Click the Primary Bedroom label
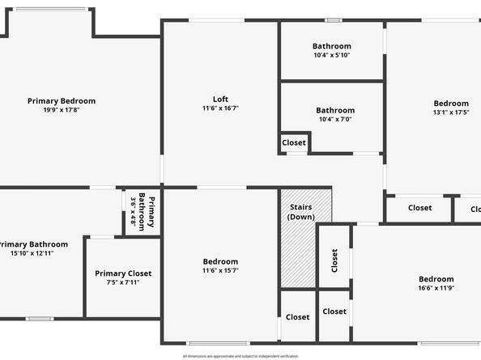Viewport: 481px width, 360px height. point(62,101)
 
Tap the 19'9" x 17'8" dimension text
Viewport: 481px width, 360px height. point(62,110)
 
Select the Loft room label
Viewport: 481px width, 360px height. point(220,100)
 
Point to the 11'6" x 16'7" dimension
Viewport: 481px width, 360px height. point(220,108)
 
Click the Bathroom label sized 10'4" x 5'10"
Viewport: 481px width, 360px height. point(332,46)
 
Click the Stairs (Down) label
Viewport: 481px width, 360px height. point(301,212)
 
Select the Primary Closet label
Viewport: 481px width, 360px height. point(123,273)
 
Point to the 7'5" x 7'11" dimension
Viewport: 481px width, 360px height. point(123,282)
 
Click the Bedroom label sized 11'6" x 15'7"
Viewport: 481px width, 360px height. point(220,261)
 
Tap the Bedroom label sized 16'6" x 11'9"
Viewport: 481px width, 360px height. point(436,279)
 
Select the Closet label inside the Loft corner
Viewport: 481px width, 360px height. point(294,143)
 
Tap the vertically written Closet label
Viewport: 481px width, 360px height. point(334,260)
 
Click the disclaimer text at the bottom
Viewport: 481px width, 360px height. point(240,356)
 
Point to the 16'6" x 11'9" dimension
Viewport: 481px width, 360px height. point(436,288)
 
